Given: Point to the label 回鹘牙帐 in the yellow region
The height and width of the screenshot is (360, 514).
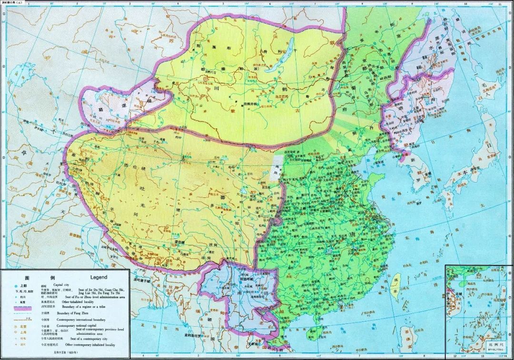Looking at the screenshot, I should (x=250, y=104).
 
